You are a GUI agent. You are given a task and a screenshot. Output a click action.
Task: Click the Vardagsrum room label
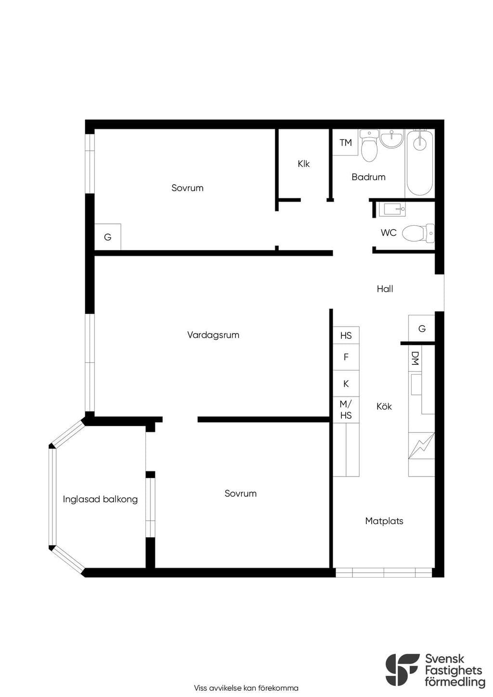point(213,336)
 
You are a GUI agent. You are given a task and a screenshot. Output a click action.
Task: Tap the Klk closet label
point(303,164)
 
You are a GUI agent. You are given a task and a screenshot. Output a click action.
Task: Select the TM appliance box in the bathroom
point(346,142)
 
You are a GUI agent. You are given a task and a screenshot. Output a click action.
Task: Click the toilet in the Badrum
point(369,146)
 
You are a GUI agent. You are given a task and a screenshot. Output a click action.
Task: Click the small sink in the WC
point(392,209)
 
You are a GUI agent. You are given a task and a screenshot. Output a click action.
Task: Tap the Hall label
point(385,289)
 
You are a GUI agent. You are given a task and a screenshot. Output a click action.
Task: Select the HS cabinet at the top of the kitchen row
point(346,336)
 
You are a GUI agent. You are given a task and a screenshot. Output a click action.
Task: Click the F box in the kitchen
point(346,357)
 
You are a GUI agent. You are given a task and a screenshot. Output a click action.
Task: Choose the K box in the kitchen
point(346,384)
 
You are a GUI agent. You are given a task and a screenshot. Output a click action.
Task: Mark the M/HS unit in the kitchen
point(346,410)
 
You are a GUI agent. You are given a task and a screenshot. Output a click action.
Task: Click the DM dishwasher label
point(415,358)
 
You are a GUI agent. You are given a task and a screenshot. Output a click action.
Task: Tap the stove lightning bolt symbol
point(421,446)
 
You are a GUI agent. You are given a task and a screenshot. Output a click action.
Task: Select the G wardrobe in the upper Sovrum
point(108,237)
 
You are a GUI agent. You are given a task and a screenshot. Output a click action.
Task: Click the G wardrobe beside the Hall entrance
point(422,329)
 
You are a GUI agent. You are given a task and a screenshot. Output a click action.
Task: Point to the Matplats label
point(384,521)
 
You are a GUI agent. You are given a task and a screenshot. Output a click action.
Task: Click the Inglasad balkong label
point(100,500)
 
